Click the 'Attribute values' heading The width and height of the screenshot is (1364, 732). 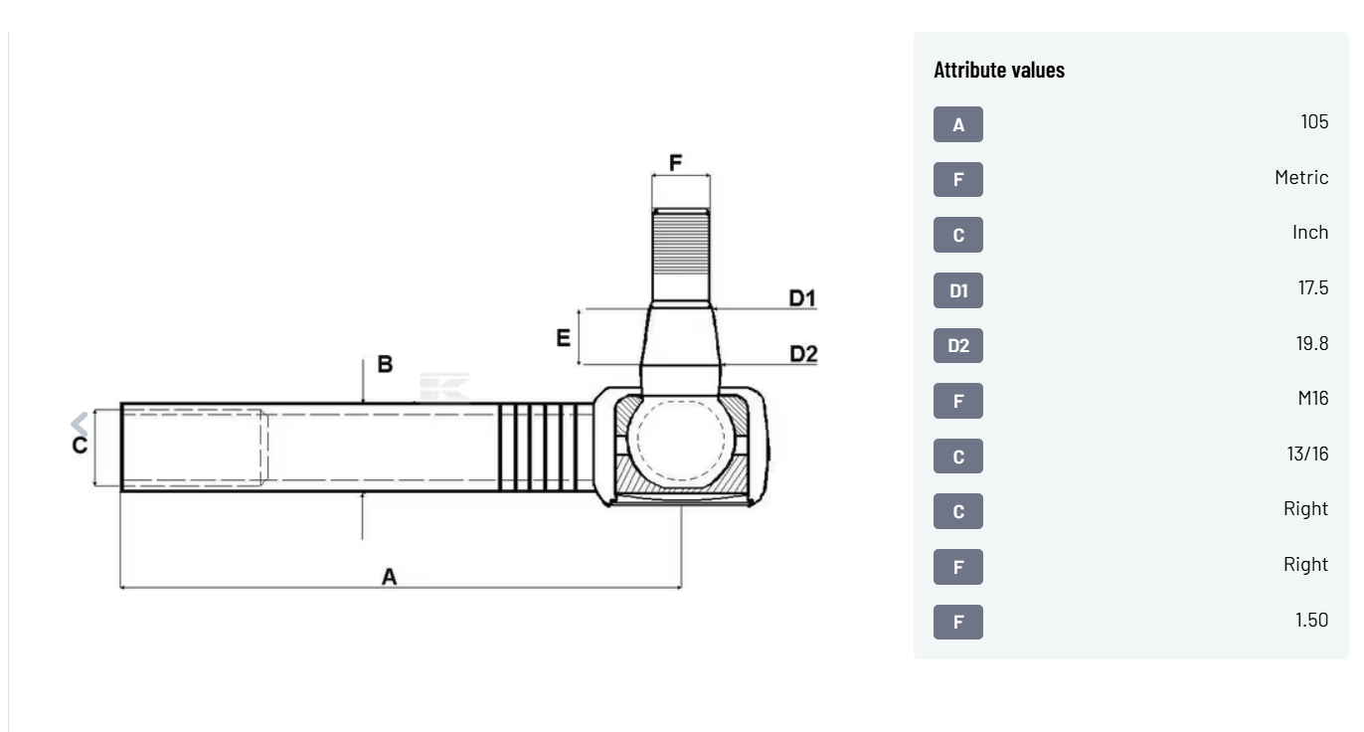pyautogui.click(x=998, y=70)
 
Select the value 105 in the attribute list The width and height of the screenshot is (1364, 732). pyautogui.click(x=1314, y=121)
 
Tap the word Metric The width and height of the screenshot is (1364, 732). pyautogui.click(x=1301, y=177)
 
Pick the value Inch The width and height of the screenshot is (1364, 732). pyautogui.click(x=1309, y=232)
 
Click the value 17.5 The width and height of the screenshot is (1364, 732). pyautogui.click(x=1313, y=287)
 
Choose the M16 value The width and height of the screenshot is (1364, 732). pyautogui.click(x=1313, y=398)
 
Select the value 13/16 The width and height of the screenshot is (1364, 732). pyautogui.click(x=1307, y=454)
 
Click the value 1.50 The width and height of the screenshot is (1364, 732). pyautogui.click(x=1311, y=620)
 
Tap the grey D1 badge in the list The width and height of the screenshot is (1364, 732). pyautogui.click(x=957, y=290)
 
